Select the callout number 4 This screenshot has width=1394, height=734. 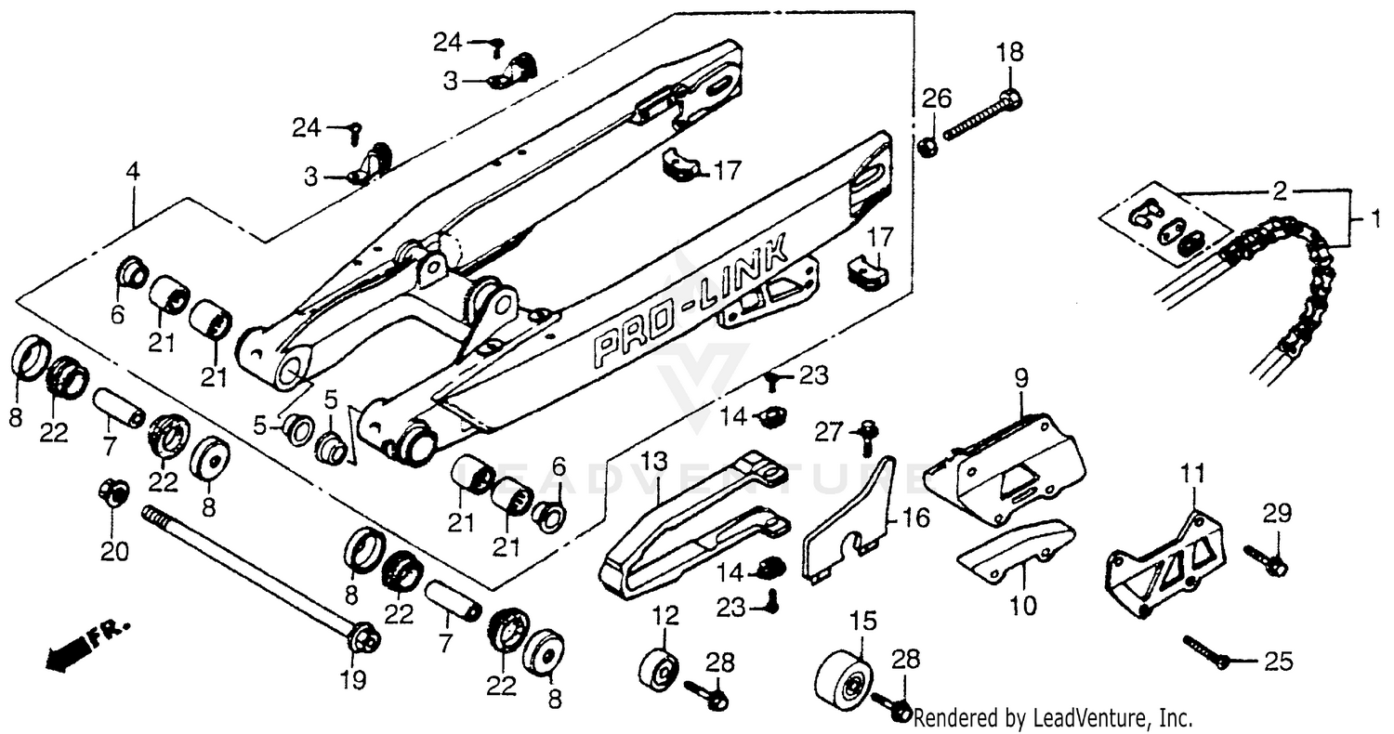[134, 172]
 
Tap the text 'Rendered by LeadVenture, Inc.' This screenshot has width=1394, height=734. [1053, 717]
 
